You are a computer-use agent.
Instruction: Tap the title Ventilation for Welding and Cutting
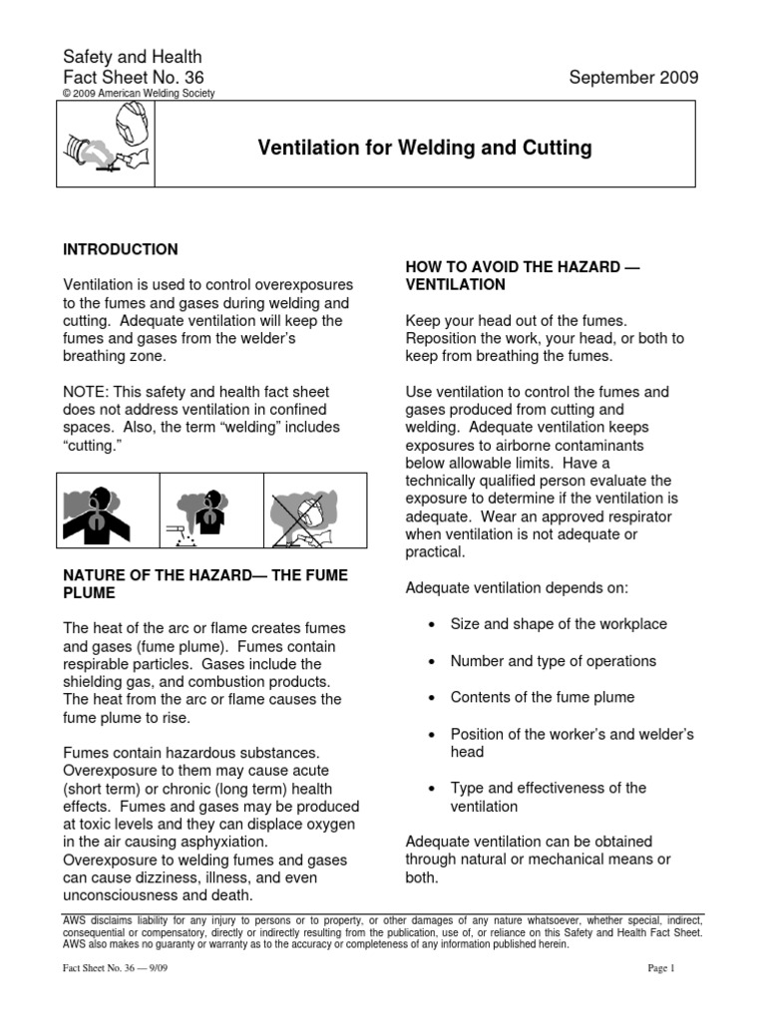[x=425, y=149]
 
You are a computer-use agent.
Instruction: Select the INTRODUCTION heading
[x=121, y=249]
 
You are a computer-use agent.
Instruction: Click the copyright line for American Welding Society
[x=139, y=94]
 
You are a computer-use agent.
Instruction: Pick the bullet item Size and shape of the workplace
[x=559, y=624]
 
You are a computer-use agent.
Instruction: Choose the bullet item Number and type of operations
[x=553, y=661]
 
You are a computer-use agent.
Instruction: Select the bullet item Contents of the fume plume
[x=542, y=697]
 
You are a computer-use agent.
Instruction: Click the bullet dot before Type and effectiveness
[x=430, y=789]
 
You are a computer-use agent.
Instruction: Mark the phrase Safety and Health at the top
[x=133, y=58]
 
